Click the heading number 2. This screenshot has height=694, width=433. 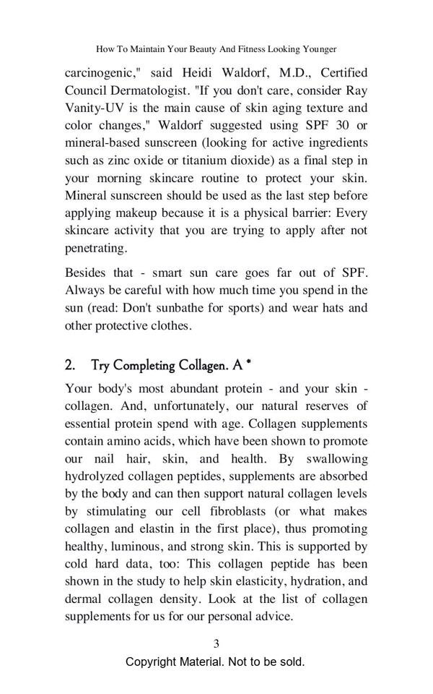(x=70, y=365)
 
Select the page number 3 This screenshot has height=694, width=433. (x=216, y=643)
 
